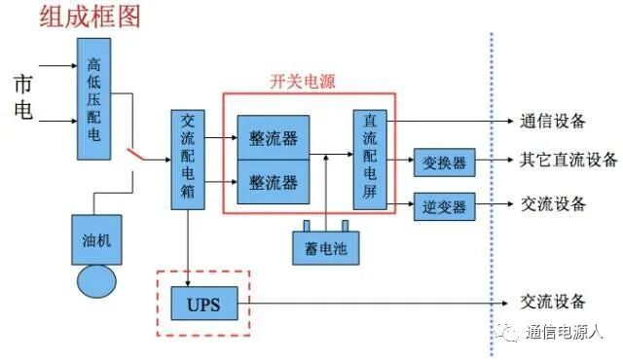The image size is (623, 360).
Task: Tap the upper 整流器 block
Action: coord(274,135)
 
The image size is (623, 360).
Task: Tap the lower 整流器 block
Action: coord(274,182)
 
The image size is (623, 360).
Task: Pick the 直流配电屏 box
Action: coord(370,159)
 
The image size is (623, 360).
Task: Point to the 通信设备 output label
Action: coord(552,121)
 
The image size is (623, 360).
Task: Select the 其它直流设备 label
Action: coord(568,161)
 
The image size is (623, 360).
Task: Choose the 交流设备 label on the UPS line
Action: coord(553,303)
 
